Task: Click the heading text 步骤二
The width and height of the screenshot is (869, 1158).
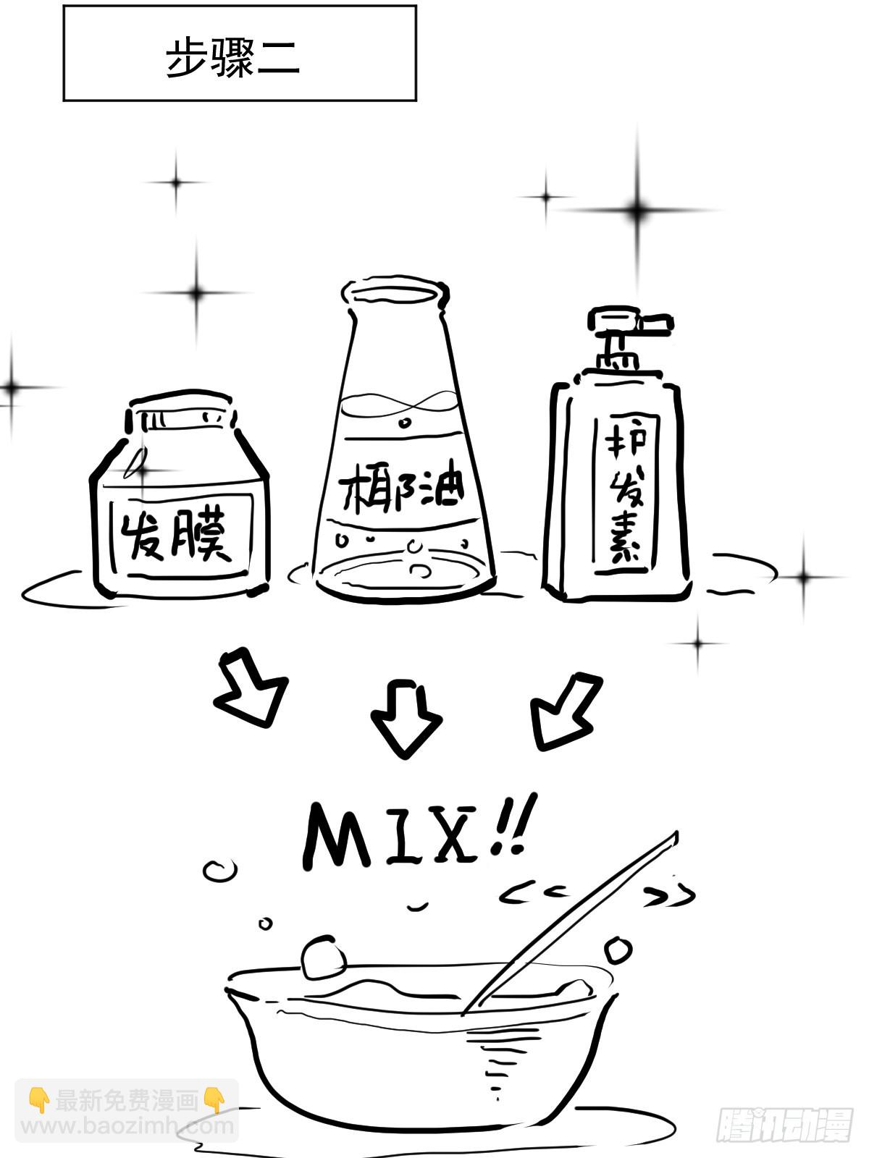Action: click(232, 58)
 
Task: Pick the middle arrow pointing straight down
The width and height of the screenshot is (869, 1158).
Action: click(406, 717)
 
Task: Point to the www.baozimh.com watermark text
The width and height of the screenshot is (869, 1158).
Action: click(127, 1126)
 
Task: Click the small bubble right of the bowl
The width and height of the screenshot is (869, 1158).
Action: click(617, 950)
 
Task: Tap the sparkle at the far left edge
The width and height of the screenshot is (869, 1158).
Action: click(12, 388)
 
